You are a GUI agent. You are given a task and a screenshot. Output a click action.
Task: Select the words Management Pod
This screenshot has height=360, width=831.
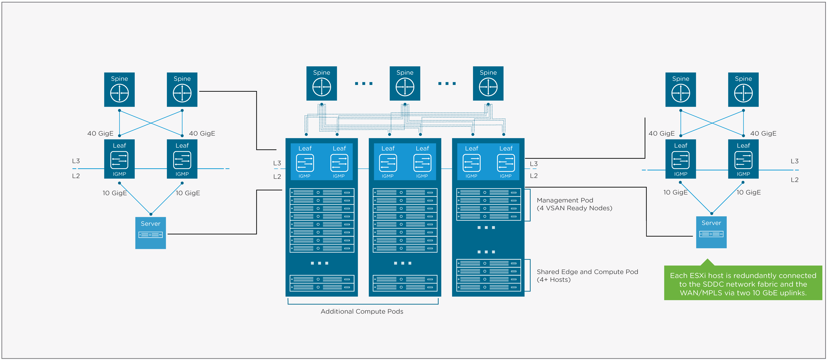[564, 200]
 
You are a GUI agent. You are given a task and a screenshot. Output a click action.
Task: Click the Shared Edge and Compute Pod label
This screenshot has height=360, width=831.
[587, 272]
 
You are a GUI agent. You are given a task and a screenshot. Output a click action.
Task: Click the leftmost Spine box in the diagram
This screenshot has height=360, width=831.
[119, 90]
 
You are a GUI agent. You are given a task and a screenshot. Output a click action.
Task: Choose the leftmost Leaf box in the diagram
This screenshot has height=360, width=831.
[119, 159]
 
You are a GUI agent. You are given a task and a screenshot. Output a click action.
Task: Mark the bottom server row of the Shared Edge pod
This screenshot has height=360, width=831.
[488, 287]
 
